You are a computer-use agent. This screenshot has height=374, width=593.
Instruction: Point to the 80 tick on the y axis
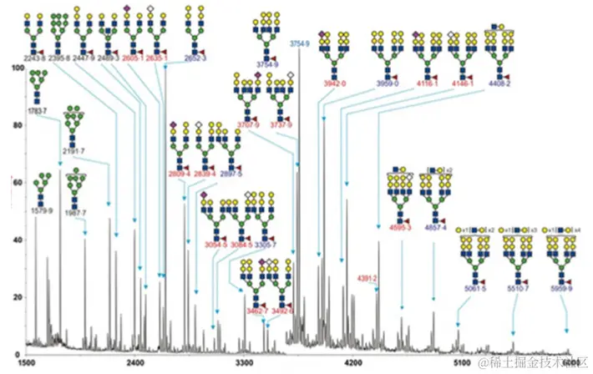tap(16, 125)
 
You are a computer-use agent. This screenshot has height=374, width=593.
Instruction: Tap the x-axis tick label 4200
tap(354, 364)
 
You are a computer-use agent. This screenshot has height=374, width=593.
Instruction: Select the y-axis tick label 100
tap(13, 68)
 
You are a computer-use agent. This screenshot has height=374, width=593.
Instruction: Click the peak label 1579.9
tap(43, 210)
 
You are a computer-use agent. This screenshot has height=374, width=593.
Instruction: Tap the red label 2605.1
tap(134, 58)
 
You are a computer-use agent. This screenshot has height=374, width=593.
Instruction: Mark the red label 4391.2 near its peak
tap(368, 277)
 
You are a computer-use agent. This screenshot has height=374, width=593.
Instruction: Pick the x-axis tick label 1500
tap(27, 364)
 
